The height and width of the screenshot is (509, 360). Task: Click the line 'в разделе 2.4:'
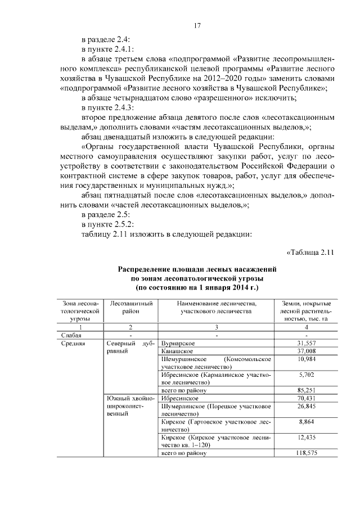coord(106,40)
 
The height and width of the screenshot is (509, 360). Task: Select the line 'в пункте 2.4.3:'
coord(109,107)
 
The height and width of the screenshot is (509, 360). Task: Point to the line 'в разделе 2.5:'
coord(106,214)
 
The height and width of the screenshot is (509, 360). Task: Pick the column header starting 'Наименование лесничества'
coord(217,308)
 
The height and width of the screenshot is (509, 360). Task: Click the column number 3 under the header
coord(217,327)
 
